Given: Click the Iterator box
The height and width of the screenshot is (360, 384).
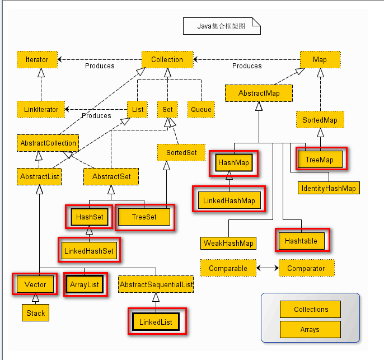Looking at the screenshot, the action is [37, 59].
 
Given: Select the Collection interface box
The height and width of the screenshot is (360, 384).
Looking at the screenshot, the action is [167, 59].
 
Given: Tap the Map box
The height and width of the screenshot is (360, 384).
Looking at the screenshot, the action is [320, 59].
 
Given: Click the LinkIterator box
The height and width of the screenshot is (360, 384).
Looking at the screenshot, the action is [41, 110].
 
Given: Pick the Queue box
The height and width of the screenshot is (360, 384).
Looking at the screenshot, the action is [201, 110].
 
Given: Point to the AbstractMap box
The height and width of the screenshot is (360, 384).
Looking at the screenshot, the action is [259, 93].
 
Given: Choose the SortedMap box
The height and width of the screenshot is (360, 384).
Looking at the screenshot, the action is [320, 120].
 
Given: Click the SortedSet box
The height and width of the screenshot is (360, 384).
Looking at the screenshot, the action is [181, 153].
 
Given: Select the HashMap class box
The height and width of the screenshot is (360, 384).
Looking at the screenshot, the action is [234, 162].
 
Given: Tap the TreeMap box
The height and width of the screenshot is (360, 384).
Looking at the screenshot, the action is [320, 160].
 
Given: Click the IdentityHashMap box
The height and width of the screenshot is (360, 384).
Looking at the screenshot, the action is [329, 188].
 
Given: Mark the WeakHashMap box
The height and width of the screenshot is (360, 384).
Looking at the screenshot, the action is [228, 243].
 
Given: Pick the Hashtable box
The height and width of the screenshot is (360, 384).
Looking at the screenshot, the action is [302, 241].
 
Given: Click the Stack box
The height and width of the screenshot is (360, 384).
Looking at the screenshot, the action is [35, 313].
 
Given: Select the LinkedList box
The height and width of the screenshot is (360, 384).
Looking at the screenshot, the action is [156, 322].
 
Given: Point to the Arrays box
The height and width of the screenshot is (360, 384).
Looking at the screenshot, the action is [310, 330].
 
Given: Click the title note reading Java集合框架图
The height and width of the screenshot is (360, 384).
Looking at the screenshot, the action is [222, 26].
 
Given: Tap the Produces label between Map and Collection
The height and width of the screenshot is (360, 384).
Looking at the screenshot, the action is [247, 66].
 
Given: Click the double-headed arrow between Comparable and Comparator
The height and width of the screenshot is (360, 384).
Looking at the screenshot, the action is [268, 268].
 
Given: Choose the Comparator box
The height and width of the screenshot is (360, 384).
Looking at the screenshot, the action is [307, 268].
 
